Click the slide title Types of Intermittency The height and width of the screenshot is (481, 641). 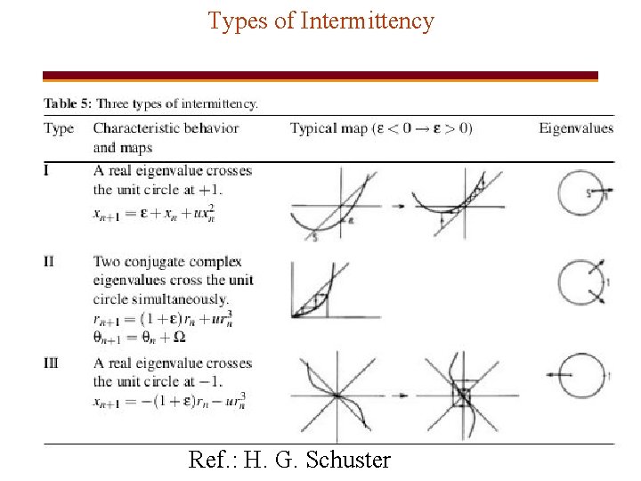click(x=320, y=20)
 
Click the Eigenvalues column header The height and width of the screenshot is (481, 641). click(x=576, y=128)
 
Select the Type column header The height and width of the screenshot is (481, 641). click(x=59, y=128)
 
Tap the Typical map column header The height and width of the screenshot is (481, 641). click(x=381, y=128)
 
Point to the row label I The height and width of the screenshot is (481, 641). click(x=48, y=170)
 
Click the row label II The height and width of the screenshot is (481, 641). click(x=53, y=262)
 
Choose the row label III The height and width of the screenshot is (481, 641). click(x=54, y=363)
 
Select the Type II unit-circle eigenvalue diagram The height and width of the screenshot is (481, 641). click(x=580, y=284)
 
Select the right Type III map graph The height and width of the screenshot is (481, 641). click(x=463, y=393)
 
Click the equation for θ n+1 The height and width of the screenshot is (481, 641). click(x=139, y=337)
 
